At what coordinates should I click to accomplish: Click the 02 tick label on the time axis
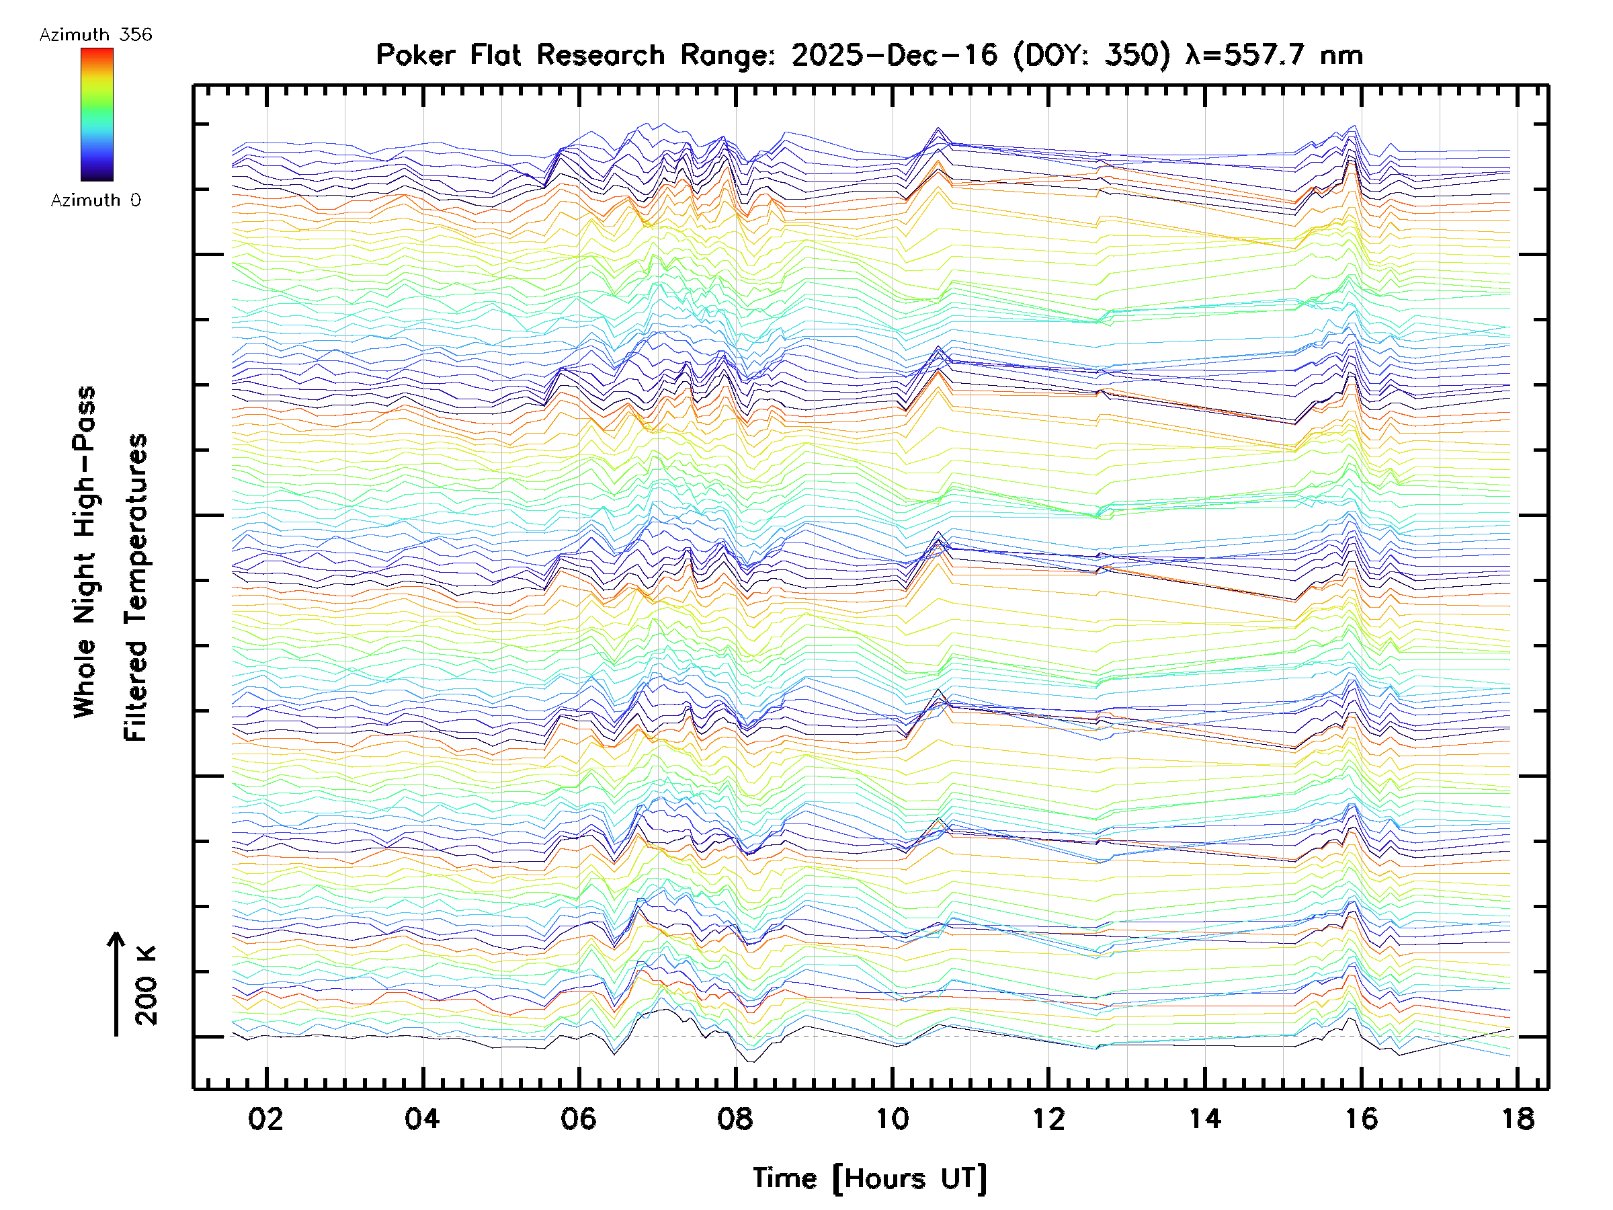265,1119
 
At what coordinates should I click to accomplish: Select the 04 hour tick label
422,1119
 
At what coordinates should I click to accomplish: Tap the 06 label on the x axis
578,1119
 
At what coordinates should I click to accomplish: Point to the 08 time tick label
735,1119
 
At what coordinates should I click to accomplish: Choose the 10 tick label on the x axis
892,1119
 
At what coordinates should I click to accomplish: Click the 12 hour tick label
1048,1119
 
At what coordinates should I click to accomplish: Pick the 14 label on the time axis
1204,1119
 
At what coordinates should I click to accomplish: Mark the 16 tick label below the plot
1362,1119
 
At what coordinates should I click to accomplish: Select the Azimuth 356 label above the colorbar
95,35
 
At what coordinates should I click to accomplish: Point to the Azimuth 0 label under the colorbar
95,200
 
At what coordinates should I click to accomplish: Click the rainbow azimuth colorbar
97,114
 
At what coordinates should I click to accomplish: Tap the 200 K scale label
146,986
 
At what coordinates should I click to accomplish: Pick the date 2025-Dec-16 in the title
894,55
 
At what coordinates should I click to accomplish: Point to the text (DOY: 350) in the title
1091,55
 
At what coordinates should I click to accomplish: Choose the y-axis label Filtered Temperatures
136,588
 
